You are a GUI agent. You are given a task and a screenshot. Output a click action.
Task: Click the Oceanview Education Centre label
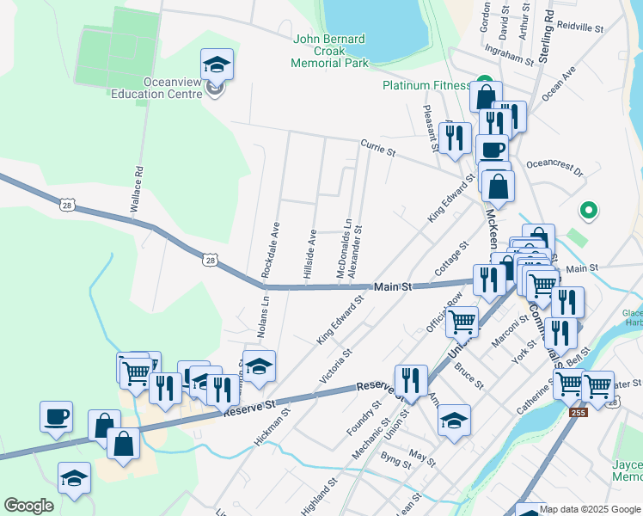click(160, 88)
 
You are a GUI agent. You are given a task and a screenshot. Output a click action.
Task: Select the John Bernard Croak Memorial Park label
click(329, 51)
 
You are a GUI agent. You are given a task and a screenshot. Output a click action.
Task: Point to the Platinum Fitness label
click(426, 85)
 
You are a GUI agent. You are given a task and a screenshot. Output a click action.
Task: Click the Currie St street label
click(377, 148)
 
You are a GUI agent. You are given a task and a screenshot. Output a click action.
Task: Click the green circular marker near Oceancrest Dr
click(589, 209)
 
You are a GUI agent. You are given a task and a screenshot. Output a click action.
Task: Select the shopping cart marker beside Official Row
click(462, 322)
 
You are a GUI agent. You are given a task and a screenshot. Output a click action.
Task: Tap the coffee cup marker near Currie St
click(492, 150)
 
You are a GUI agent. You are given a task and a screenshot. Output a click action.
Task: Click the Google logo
click(28, 506)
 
